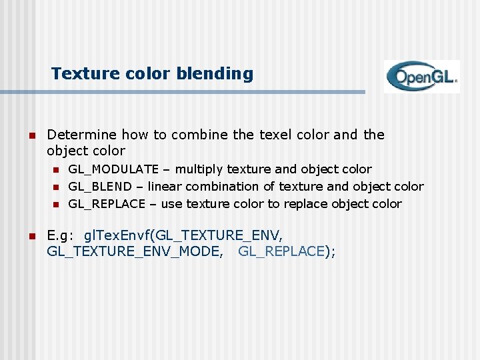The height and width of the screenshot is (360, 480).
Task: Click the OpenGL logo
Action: coord(421,77)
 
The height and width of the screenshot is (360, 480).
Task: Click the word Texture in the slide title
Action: coord(79,73)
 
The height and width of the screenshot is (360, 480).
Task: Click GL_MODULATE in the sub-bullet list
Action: coord(113,169)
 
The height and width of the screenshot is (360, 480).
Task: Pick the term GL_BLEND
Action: coord(99,187)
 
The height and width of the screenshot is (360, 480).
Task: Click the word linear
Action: coord(165,187)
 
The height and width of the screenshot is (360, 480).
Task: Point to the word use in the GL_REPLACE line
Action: coord(172,204)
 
